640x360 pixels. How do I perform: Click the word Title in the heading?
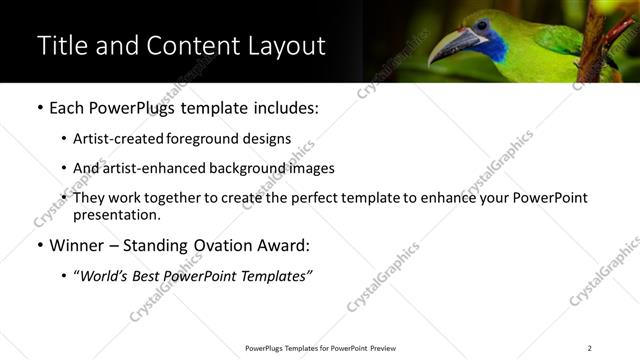pyautogui.click(x=63, y=45)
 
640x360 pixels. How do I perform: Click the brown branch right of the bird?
pyautogui.click(x=600, y=40)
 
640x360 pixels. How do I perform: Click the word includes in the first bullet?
pyautogui.click(x=286, y=107)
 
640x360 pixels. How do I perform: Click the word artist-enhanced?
pyautogui.click(x=150, y=168)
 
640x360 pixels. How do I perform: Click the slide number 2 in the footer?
pyautogui.click(x=589, y=348)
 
